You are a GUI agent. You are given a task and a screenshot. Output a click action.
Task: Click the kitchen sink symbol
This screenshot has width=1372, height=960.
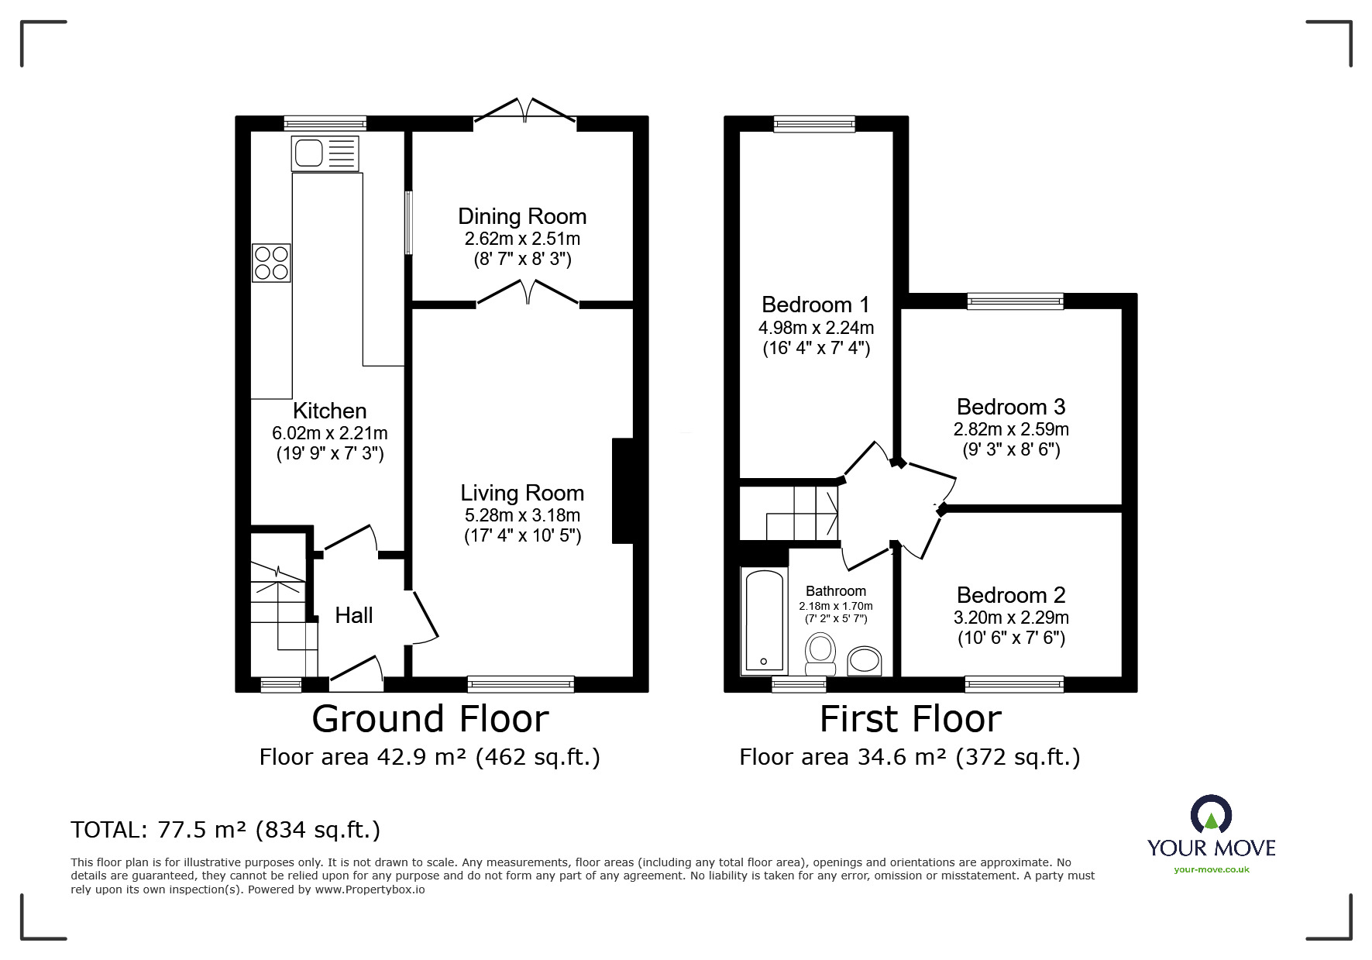[x=325, y=153]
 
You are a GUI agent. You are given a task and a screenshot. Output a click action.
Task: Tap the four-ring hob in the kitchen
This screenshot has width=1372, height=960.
[x=271, y=263]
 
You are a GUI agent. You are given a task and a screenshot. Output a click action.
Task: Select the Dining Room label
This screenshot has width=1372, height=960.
[x=522, y=216]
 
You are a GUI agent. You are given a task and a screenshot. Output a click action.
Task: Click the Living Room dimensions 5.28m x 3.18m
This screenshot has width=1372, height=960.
[x=522, y=515]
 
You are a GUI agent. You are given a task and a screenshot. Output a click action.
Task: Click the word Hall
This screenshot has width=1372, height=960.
[x=354, y=615]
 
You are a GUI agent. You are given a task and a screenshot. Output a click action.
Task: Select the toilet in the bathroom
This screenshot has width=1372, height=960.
[x=820, y=655]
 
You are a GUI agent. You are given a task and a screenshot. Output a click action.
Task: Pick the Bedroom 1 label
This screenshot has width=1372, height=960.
[x=816, y=305]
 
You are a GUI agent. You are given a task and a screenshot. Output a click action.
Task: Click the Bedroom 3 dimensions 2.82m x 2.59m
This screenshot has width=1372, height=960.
[x=1011, y=429]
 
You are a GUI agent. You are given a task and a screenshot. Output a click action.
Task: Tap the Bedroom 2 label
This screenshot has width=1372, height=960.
[x=1011, y=595]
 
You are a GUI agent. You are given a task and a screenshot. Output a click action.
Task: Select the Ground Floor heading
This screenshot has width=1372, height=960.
[x=430, y=718]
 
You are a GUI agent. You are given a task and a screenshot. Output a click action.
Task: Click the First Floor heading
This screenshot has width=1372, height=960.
[x=910, y=718]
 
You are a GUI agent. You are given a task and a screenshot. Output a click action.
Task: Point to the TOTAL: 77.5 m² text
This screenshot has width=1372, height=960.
[x=225, y=830]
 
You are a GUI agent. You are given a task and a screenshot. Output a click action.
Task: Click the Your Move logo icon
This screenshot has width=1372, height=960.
[x=1211, y=814]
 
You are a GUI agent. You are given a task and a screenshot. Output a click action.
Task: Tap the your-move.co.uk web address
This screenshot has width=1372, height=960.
[x=1212, y=869]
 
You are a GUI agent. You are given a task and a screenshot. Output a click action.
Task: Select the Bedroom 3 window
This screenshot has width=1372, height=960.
[x=1015, y=301]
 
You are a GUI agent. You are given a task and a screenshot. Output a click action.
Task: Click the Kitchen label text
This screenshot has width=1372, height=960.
[x=330, y=411]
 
